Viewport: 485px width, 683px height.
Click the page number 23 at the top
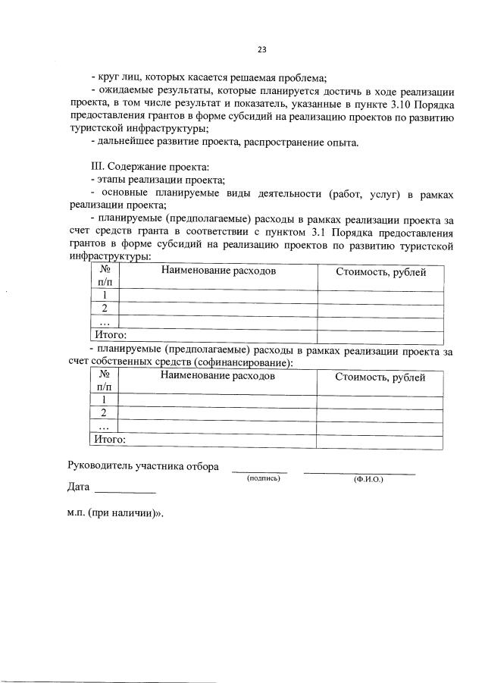pos(261,49)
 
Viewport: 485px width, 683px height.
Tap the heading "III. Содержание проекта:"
pos(149,166)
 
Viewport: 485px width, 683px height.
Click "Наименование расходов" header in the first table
pos(217,271)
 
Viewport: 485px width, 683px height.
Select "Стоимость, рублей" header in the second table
pos(380,377)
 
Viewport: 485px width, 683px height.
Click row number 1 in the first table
pos(104,295)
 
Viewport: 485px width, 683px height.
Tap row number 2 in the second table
pos(104,412)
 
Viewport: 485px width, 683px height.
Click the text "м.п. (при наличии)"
pos(114,512)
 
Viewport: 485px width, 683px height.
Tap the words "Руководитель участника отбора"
pos(143,465)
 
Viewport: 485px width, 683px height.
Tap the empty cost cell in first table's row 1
pos(380,295)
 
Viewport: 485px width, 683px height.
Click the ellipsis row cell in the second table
pos(104,426)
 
